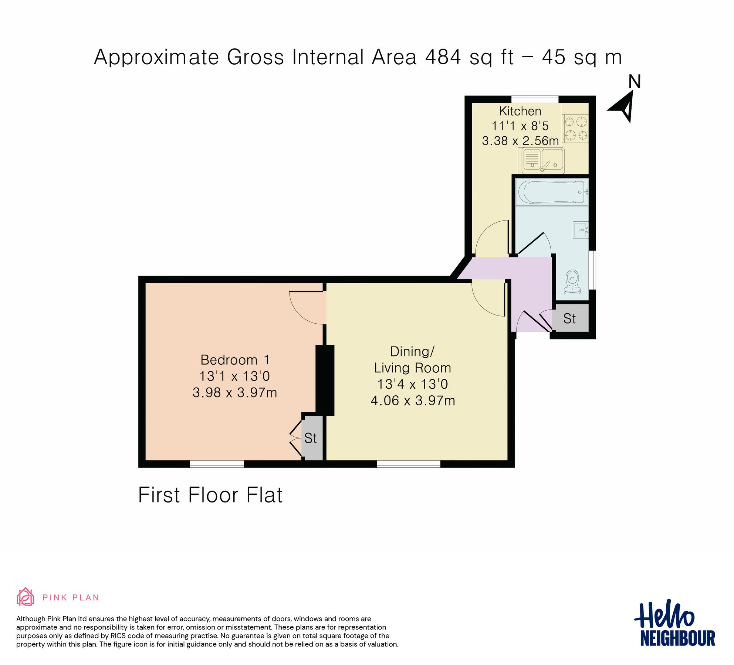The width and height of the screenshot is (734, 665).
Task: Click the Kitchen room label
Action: pyautogui.click(x=520, y=111)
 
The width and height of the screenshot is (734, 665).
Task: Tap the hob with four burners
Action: pyautogui.click(x=576, y=128)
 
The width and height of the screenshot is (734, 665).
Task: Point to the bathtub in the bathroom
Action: pyautogui.click(x=551, y=192)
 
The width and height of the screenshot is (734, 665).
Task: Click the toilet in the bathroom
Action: pyautogui.click(x=572, y=281)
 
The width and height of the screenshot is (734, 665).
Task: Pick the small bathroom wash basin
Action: pyautogui.click(x=581, y=230)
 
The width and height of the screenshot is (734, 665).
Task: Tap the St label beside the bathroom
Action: pyautogui.click(x=569, y=318)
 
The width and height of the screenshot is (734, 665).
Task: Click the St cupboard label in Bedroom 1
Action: pyautogui.click(x=311, y=438)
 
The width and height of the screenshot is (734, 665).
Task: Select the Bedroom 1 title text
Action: pyautogui.click(x=235, y=360)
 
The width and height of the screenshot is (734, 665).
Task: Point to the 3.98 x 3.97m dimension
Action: pyautogui.click(x=235, y=392)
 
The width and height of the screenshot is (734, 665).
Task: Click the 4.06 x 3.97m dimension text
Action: pyautogui.click(x=413, y=400)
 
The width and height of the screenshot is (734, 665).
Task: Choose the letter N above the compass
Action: pyautogui.click(x=635, y=82)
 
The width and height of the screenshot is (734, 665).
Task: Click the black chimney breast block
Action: pyautogui.click(x=325, y=380)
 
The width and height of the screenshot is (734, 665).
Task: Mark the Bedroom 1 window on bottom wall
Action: pyautogui.click(x=217, y=464)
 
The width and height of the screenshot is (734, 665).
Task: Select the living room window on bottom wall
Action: pyautogui.click(x=409, y=464)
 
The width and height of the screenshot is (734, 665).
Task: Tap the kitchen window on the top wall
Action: pyautogui.click(x=535, y=99)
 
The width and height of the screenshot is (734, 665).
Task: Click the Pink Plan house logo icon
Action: pyautogui.click(x=25, y=597)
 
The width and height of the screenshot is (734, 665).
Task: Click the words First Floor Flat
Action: pyautogui.click(x=210, y=495)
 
